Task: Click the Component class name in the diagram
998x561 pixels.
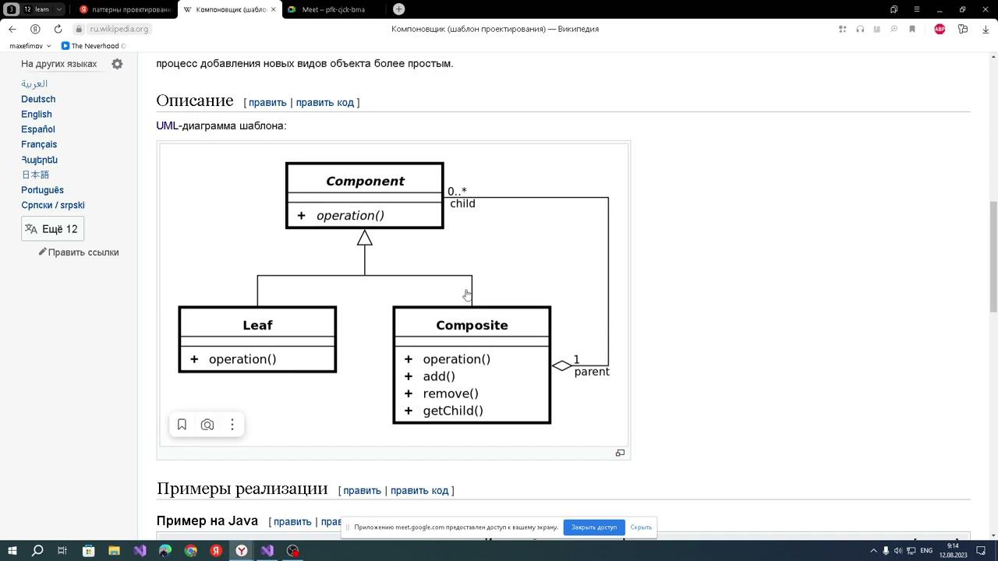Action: click(365, 181)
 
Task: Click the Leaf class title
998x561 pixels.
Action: click(257, 325)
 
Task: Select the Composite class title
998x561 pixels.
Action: click(472, 325)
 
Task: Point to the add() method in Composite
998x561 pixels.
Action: click(439, 376)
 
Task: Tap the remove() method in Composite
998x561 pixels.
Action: click(451, 393)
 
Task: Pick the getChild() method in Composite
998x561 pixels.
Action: click(453, 411)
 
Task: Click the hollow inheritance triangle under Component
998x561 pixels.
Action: click(365, 238)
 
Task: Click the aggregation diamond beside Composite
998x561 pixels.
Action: click(562, 365)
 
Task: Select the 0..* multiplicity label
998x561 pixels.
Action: click(457, 191)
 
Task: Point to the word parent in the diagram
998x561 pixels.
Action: click(592, 372)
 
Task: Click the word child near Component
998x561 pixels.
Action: click(462, 203)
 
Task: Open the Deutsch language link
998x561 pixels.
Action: click(38, 99)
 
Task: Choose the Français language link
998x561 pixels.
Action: click(39, 144)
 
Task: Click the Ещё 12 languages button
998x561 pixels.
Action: click(52, 229)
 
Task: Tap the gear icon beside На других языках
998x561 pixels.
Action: click(117, 64)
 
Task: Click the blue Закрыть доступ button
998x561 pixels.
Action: click(594, 527)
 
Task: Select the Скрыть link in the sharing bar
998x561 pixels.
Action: click(641, 527)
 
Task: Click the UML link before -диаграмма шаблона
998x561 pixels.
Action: click(167, 125)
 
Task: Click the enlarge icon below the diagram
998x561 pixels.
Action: click(620, 453)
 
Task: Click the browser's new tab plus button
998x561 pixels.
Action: click(398, 9)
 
